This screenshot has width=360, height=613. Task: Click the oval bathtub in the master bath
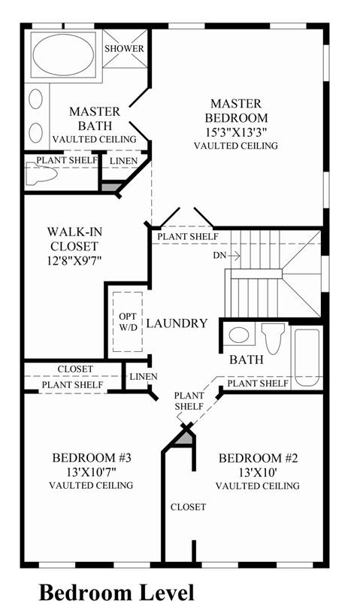tap(63, 55)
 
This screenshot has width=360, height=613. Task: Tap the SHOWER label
tap(124, 49)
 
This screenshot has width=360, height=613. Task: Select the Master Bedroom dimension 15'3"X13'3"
tap(237, 132)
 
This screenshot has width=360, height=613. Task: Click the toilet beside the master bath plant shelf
tap(41, 174)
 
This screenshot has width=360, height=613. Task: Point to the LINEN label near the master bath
tap(124, 161)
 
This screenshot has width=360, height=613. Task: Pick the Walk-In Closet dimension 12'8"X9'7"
tap(74, 260)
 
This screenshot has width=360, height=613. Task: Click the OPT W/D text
tap(128, 322)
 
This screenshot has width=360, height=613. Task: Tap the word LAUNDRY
tap(177, 323)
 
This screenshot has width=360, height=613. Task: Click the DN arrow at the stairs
tap(234, 256)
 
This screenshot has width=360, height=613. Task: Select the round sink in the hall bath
tap(239, 335)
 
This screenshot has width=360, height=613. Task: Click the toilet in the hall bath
tap(274, 337)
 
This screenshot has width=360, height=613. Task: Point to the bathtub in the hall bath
tap(307, 357)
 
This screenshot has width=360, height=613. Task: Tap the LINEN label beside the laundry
tap(144, 377)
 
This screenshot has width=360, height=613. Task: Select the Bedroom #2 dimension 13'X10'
tap(258, 472)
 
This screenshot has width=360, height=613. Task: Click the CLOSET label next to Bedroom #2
tap(188, 507)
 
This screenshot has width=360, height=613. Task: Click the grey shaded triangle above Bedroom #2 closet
tap(185, 438)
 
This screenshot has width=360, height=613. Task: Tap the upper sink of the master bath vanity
tap(36, 99)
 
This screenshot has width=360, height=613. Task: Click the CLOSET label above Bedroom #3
tap(75, 369)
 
